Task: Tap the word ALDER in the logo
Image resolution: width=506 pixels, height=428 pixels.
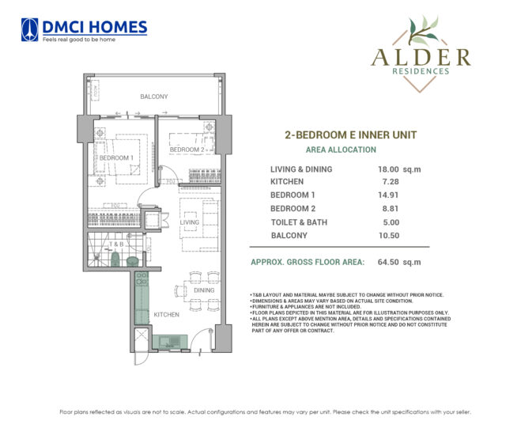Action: coord(420,56)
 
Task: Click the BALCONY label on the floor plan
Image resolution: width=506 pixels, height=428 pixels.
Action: coord(153,97)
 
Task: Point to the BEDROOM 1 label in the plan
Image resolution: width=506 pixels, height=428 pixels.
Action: coord(115,157)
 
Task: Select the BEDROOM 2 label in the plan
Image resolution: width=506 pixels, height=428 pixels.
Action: coord(187,150)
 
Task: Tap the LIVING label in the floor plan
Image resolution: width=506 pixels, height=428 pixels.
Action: coord(190,222)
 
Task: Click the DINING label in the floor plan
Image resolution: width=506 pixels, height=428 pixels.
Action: coord(205,290)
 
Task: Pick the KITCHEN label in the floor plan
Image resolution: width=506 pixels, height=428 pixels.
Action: coord(167,314)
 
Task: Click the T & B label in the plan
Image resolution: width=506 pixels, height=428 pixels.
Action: coord(116,244)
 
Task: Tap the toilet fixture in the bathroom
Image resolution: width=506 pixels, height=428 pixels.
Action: coord(115,258)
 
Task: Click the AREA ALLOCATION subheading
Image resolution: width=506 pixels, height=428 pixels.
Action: coord(341,150)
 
